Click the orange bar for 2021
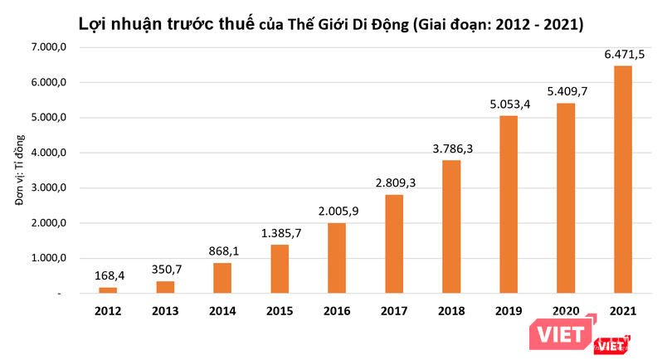[622, 179]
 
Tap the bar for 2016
[337, 258]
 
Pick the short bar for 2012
[109, 289]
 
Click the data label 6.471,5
[622, 56]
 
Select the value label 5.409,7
[565, 92]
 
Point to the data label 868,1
[222, 251]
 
